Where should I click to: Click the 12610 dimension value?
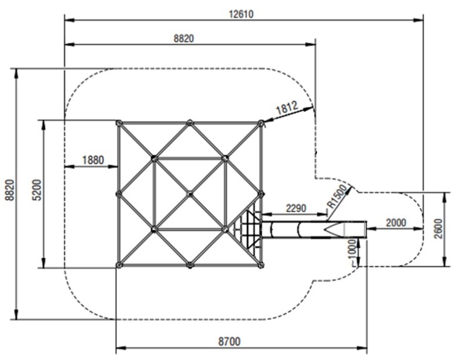pos(242,13)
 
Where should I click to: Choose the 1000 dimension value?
pos(352,252)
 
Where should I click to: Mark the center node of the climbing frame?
pos(190,193)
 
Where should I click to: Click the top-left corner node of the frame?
pos(119,123)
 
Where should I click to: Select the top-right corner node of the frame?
pos(261,123)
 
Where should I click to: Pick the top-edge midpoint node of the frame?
pos(190,123)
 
